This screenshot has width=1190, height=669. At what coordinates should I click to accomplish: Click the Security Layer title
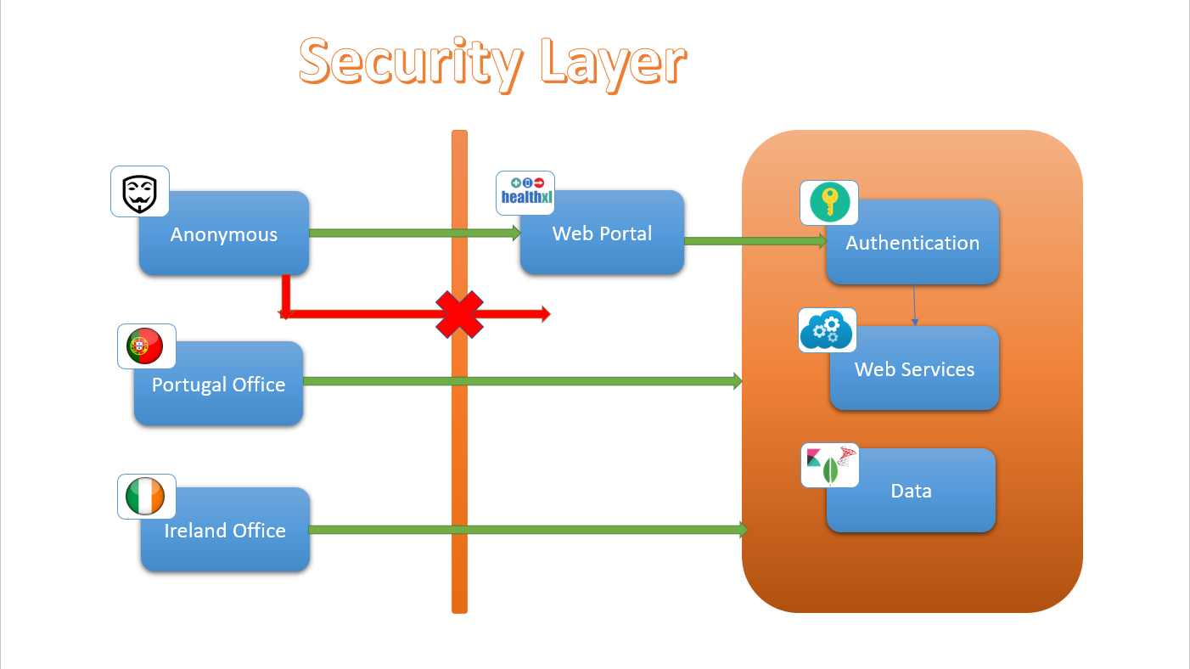click(x=492, y=63)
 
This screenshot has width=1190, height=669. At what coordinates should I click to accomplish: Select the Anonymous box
click(x=224, y=235)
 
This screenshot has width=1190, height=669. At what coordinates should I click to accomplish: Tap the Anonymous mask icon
click(x=140, y=192)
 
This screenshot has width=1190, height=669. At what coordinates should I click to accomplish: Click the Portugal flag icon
click(x=146, y=346)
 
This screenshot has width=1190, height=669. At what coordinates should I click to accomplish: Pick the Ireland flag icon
click(x=146, y=497)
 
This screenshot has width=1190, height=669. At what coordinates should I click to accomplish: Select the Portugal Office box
click(x=218, y=385)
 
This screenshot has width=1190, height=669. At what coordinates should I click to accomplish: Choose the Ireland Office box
click(x=225, y=531)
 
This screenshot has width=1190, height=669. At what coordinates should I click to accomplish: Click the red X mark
click(x=459, y=314)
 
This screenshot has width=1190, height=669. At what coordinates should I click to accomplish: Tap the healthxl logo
click(x=525, y=193)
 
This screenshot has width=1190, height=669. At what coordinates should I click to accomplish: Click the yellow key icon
click(x=828, y=203)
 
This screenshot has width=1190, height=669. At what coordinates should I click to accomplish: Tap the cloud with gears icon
click(x=828, y=330)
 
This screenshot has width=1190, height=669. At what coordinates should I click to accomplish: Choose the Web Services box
click(x=915, y=370)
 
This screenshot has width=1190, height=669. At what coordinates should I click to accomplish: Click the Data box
click(x=911, y=492)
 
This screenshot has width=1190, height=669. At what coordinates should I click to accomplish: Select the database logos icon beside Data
click(x=830, y=465)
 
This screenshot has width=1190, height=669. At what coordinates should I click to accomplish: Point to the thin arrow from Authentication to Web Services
click(x=914, y=305)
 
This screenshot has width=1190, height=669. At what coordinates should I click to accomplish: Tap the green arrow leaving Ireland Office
click(x=526, y=530)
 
